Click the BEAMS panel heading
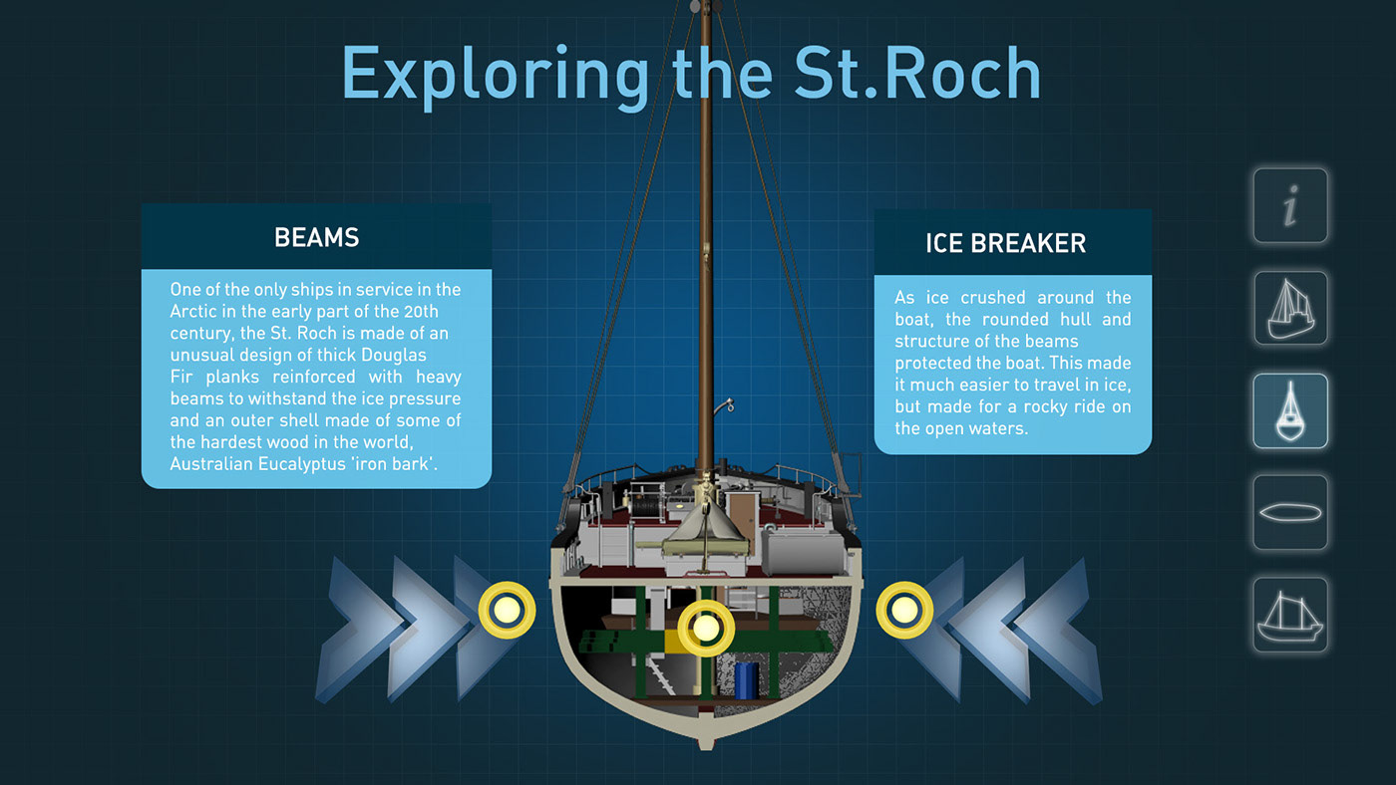point(317,238)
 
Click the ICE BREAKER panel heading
point(1006,243)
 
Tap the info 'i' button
point(1290,205)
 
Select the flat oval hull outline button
point(1290,513)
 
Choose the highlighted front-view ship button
point(1290,410)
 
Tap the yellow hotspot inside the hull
point(706,629)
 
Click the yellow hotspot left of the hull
point(507,610)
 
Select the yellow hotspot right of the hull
point(904,610)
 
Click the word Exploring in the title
point(496,76)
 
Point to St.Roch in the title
point(917,74)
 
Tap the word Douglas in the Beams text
point(394,356)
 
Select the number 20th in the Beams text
point(421,311)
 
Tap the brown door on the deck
point(742,516)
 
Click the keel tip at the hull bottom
point(706,744)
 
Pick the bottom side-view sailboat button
point(1290,615)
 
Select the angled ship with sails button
point(1290,308)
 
